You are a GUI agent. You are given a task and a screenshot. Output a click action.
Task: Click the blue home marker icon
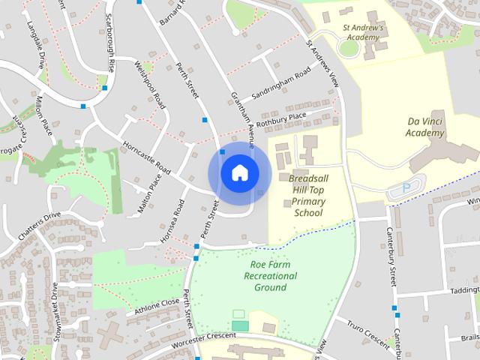239,173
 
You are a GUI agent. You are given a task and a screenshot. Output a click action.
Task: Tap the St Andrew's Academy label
363,31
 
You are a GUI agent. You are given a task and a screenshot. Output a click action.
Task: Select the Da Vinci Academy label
425,127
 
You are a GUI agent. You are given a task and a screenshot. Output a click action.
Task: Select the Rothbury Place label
282,119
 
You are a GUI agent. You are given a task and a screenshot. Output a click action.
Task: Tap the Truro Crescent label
367,334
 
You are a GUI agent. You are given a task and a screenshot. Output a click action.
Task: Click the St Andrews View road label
323,61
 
